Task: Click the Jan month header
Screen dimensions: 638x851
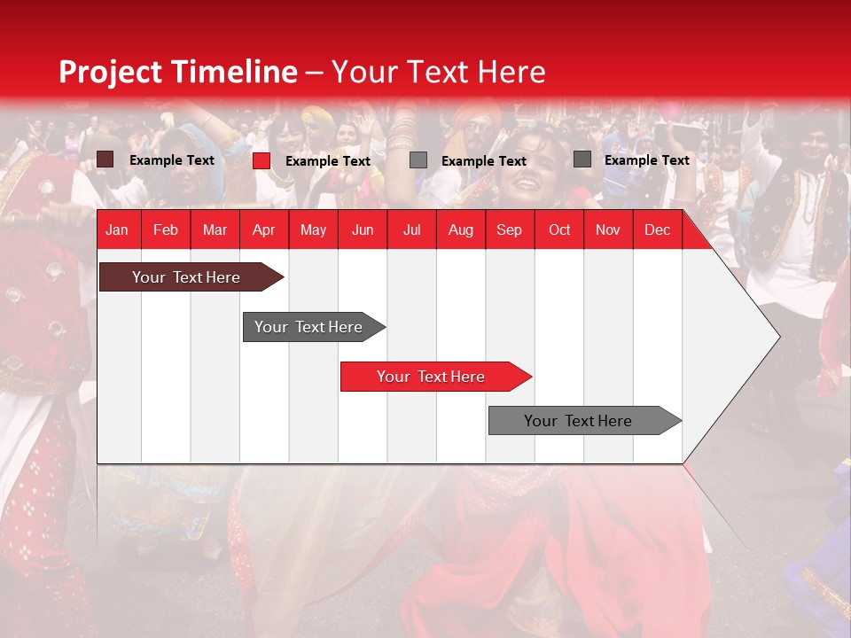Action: coord(117,230)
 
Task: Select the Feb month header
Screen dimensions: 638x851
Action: coord(166,230)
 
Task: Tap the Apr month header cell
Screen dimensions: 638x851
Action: coord(263,230)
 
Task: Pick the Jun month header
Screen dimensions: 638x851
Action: coord(363,230)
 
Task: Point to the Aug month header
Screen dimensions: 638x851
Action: coord(460,230)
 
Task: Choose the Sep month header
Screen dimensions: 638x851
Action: coord(509,230)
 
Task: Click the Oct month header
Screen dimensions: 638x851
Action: coord(559,230)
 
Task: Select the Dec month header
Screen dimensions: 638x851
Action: coord(657,230)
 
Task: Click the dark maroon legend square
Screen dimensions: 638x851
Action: coord(105,159)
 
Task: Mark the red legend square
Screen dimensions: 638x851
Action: coord(262,160)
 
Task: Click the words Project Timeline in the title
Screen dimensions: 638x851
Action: coord(177,72)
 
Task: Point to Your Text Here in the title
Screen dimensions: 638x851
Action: coord(439,72)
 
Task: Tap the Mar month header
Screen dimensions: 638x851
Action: coord(215,230)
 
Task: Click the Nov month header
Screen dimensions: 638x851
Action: coord(608,230)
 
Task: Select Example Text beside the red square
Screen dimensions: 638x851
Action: coord(327,161)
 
